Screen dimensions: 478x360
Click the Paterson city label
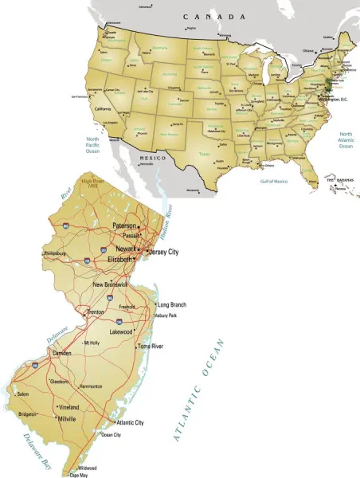coord(124,225)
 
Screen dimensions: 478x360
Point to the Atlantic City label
coord(130,422)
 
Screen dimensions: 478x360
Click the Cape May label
coord(79,475)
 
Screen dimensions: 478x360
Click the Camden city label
coord(61,352)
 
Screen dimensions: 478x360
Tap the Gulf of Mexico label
coord(273,181)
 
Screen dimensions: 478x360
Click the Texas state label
coord(205,154)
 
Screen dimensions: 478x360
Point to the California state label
coord(104,108)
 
